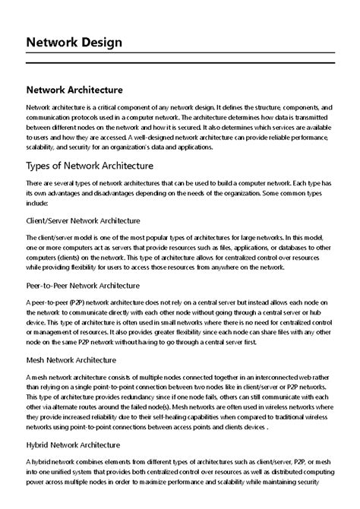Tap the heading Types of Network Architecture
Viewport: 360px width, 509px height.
point(90,166)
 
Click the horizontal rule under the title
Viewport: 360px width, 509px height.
point(180,58)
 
